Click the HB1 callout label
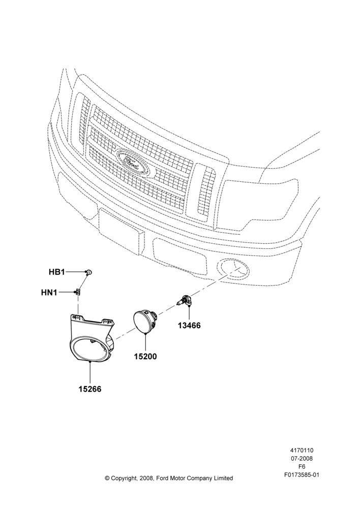click(x=57, y=272)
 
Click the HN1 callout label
click(x=49, y=293)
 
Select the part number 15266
click(x=90, y=389)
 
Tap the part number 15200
click(x=145, y=357)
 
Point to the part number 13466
click(x=189, y=325)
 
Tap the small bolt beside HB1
click(x=89, y=272)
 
